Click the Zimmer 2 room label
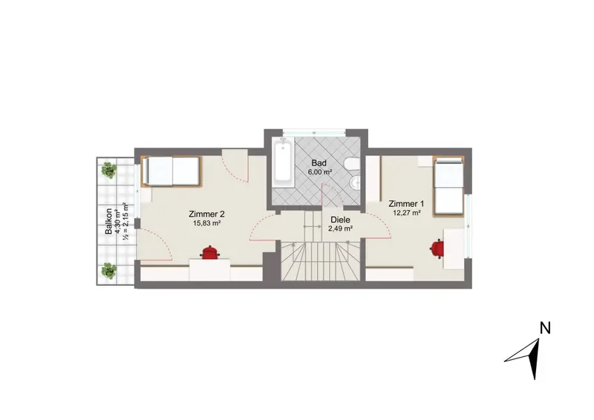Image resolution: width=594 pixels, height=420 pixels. (x=206, y=214)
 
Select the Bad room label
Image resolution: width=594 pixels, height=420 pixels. (x=319, y=163)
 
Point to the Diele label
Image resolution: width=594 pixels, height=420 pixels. (x=340, y=220)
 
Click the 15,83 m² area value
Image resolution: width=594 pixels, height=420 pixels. (x=207, y=223)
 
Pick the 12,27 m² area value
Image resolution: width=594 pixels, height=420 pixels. (x=406, y=213)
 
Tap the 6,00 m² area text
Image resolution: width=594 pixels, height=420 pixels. (x=320, y=171)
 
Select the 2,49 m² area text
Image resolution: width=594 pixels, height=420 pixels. (x=340, y=229)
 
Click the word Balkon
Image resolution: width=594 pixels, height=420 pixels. (x=108, y=221)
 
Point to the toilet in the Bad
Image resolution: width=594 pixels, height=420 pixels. (x=352, y=164)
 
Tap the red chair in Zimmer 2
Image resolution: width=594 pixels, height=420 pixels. (x=209, y=252)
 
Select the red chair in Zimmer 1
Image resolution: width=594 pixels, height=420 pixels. (x=437, y=249)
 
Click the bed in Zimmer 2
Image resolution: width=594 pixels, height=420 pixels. (x=171, y=171)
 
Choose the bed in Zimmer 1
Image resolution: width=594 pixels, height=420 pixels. (x=448, y=187)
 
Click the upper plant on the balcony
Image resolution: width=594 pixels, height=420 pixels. (x=108, y=170)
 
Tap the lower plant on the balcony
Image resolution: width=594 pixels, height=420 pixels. (x=108, y=270)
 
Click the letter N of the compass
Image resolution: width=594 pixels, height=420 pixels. (x=545, y=328)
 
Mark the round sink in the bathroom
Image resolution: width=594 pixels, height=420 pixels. (x=355, y=184)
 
